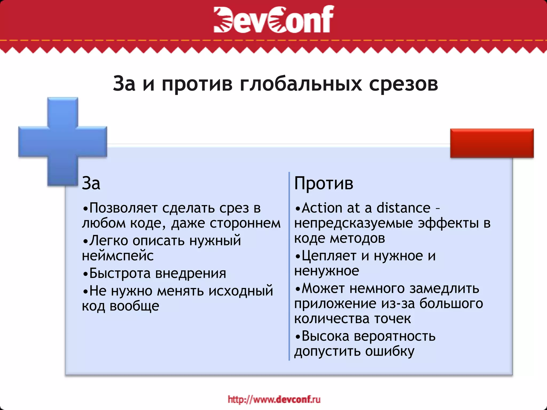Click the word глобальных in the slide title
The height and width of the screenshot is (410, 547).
click(x=301, y=84)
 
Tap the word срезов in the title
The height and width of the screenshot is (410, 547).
click(x=403, y=84)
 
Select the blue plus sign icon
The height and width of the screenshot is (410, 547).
click(x=63, y=141)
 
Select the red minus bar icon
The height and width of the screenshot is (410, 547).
click(x=492, y=143)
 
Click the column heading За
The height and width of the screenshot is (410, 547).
click(x=91, y=184)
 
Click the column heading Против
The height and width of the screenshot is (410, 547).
click(x=324, y=184)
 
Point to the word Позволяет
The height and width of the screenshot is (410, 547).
click(x=123, y=208)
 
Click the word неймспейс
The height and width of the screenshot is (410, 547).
click(x=118, y=256)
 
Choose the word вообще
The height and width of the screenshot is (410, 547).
click(x=134, y=306)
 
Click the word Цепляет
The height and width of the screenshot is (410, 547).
click(x=329, y=256)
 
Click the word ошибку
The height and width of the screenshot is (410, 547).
click(x=390, y=351)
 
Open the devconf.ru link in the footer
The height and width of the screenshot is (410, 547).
click(x=274, y=400)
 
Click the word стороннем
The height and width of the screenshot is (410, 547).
click(x=245, y=223)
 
